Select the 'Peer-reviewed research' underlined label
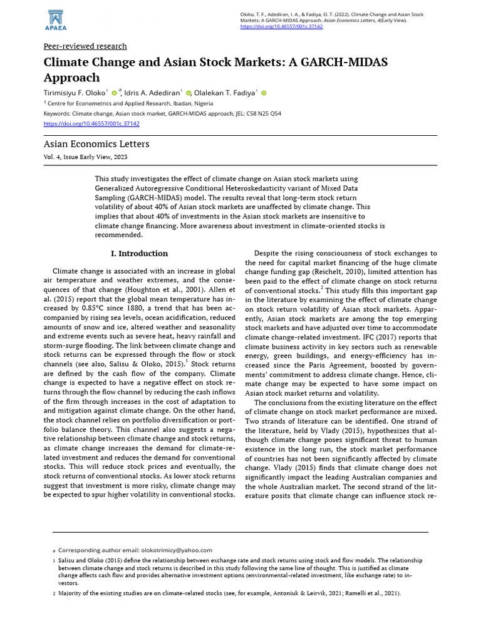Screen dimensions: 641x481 (85, 46)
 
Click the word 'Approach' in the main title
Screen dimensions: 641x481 (71, 78)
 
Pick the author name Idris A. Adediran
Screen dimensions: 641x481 (152, 93)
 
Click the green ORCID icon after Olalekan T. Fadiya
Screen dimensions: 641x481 (264, 93)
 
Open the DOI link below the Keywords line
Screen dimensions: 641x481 (91, 123)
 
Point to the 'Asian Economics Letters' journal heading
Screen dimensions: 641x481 (96, 144)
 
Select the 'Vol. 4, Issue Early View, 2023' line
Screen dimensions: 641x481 (85, 157)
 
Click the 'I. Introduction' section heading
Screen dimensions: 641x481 (139, 254)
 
